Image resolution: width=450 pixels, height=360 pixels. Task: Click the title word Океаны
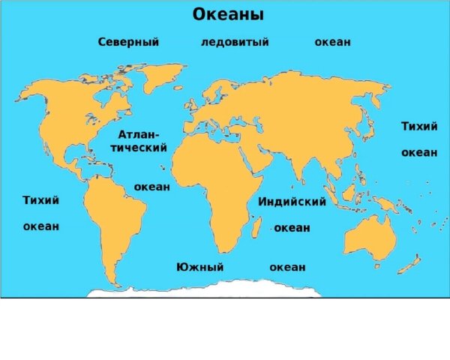229,15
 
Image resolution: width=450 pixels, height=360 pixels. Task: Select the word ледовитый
235,42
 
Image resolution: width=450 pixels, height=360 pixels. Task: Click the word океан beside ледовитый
332,42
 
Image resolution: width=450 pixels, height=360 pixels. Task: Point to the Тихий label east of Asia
419,126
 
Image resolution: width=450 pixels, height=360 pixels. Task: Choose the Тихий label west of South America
41,200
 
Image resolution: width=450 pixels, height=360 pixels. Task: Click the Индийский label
292,202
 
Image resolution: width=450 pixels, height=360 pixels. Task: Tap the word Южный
200,267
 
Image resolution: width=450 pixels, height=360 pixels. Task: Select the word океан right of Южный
287,267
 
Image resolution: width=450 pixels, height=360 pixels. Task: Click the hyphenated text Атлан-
139,133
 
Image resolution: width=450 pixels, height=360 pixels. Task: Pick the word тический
139,148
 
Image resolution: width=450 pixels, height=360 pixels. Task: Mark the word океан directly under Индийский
292,227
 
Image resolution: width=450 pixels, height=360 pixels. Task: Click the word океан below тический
151,186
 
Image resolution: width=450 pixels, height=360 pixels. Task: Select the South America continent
112,217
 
